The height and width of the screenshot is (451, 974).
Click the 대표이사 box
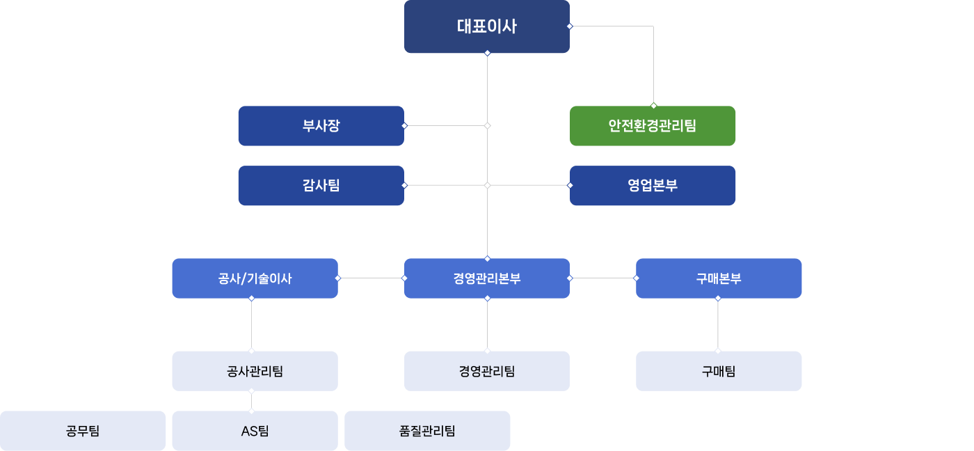coord(486,26)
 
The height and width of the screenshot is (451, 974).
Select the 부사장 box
coord(321,126)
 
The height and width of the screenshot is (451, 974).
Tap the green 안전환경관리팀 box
coord(652,126)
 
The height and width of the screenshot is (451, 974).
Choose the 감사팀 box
coord(321,185)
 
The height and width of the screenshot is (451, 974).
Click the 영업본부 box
coord(652,185)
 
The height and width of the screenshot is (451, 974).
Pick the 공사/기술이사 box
coord(255,278)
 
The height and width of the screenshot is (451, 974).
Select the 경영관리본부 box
coord(486,278)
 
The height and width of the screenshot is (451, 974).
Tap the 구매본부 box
coord(719,278)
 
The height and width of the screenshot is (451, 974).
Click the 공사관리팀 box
coord(255,371)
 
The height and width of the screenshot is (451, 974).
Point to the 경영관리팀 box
coord(486,371)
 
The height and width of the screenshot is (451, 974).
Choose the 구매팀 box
coord(719,371)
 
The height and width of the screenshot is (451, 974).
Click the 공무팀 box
coord(83,431)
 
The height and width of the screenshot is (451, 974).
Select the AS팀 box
coord(255,431)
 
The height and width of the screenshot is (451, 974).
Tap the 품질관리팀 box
coord(427,431)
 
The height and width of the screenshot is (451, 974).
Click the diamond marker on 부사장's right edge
coord(404,126)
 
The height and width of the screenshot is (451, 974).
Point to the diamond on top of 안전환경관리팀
coord(653,106)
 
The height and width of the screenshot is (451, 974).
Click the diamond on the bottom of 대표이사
coord(487,53)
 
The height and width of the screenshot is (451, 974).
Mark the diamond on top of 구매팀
coord(718,350)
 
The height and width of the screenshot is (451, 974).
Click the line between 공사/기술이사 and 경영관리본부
coord(371,278)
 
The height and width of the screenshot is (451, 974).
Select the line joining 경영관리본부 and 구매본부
coord(602,278)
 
